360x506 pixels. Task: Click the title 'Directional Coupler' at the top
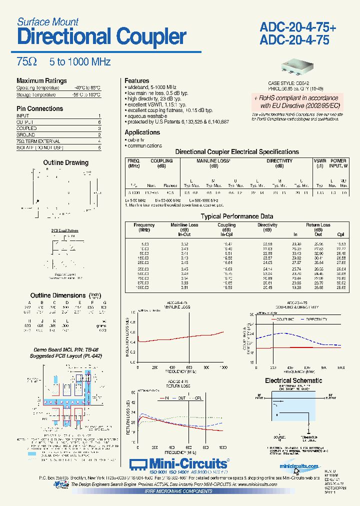click(x=101, y=37)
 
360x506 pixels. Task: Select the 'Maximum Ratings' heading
click(x=41, y=81)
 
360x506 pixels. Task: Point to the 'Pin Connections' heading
click(x=40, y=108)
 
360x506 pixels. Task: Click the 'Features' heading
click(x=137, y=80)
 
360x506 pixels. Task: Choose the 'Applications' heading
click(x=142, y=132)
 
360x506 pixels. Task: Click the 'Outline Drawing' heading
click(x=65, y=162)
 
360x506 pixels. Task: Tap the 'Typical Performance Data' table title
click(x=237, y=216)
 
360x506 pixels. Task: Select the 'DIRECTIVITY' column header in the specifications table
click(x=279, y=161)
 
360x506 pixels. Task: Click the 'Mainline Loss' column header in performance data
click(x=184, y=225)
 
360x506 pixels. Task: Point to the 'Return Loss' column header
click(x=318, y=225)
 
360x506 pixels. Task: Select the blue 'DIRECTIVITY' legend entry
click(x=315, y=319)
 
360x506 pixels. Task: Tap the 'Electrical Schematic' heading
click(x=293, y=380)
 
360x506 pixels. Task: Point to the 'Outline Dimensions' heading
click(x=58, y=295)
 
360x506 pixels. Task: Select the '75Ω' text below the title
click(x=27, y=62)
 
